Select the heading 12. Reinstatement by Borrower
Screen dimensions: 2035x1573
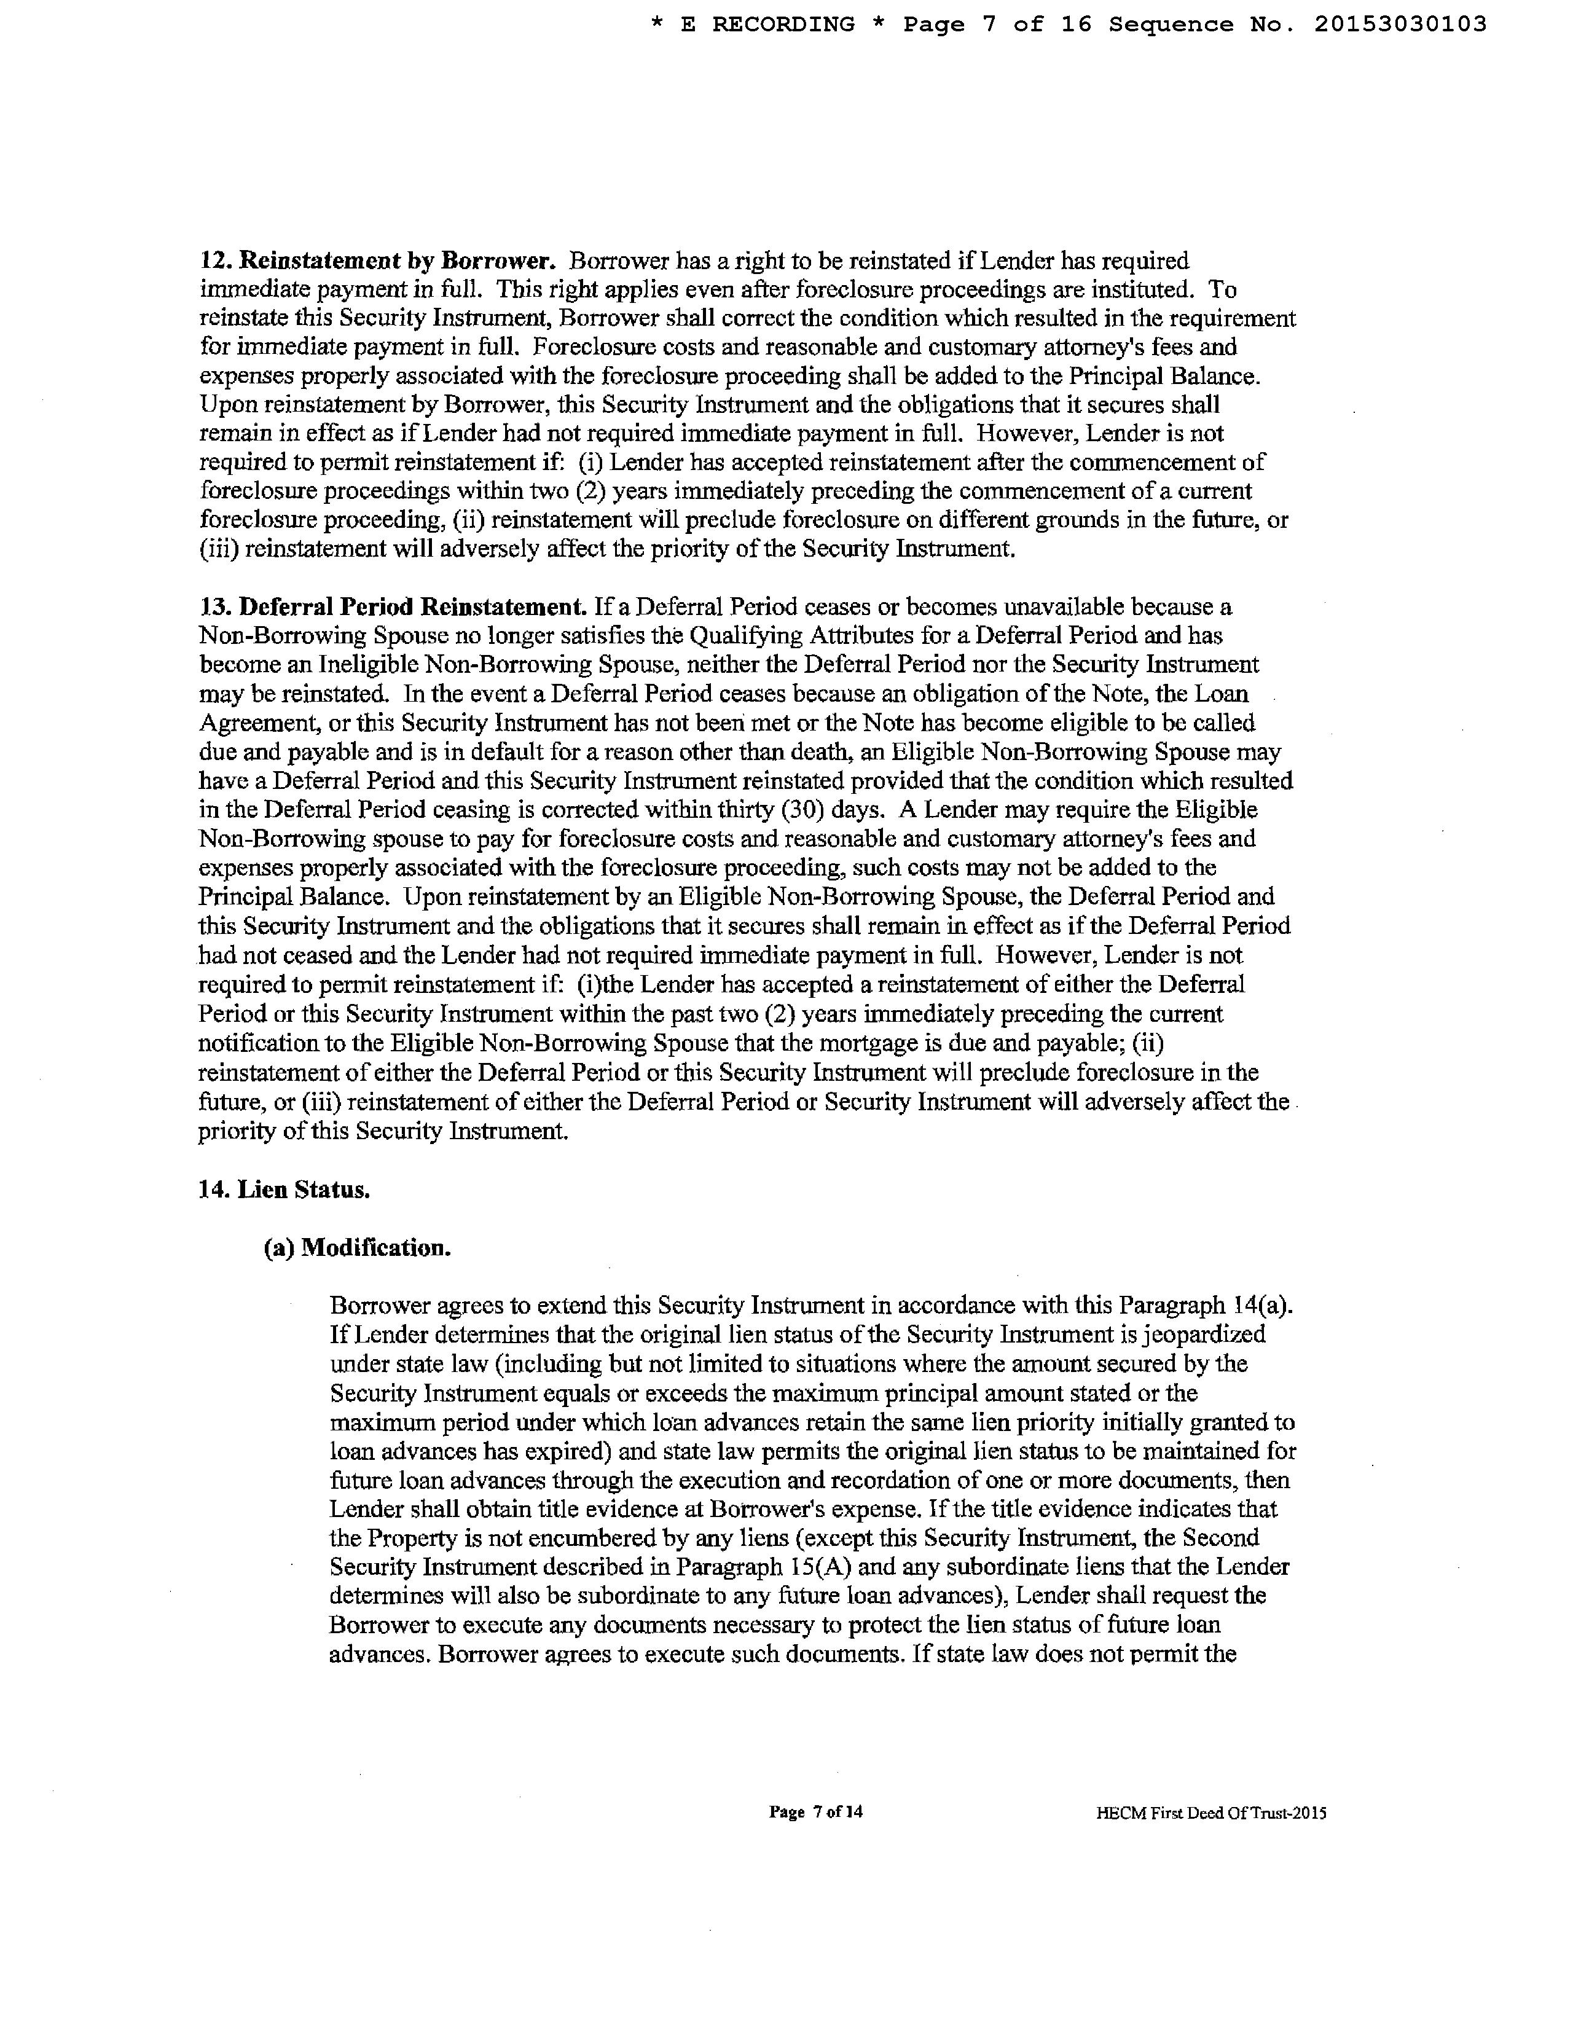click(x=379, y=261)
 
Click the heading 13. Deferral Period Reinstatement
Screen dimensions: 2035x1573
click(x=392, y=608)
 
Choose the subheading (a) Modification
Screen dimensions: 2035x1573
click(x=358, y=1248)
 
